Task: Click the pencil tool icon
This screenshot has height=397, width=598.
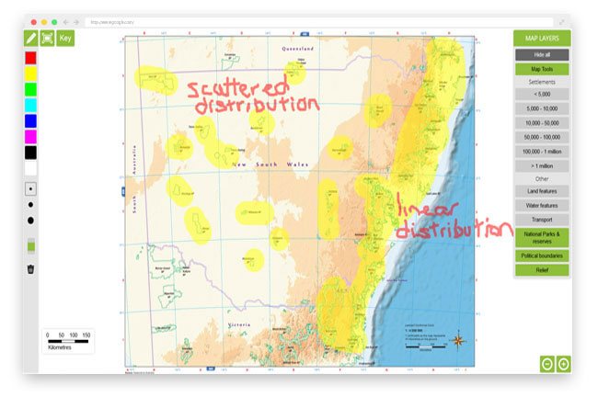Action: coord(31,38)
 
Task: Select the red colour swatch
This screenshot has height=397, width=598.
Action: coord(30,58)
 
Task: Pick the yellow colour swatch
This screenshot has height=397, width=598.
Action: coord(30,73)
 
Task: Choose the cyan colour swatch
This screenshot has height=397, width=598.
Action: coord(30,104)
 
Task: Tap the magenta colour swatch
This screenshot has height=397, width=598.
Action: coord(30,136)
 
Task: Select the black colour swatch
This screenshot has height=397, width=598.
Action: coord(30,152)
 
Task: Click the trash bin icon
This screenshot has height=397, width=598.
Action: coord(30,269)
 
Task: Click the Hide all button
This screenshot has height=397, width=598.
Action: coord(542,55)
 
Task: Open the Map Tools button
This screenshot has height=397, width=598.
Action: coord(542,69)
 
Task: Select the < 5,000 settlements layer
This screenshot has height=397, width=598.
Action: coord(542,94)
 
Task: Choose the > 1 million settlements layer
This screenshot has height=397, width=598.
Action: coord(542,165)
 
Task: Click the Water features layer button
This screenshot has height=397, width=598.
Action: coord(542,205)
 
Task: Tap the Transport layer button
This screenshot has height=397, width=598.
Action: coord(542,220)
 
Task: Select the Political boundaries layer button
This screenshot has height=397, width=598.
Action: coord(542,255)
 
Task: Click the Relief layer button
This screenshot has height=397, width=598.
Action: coord(542,269)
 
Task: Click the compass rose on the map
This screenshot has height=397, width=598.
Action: coord(459,341)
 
